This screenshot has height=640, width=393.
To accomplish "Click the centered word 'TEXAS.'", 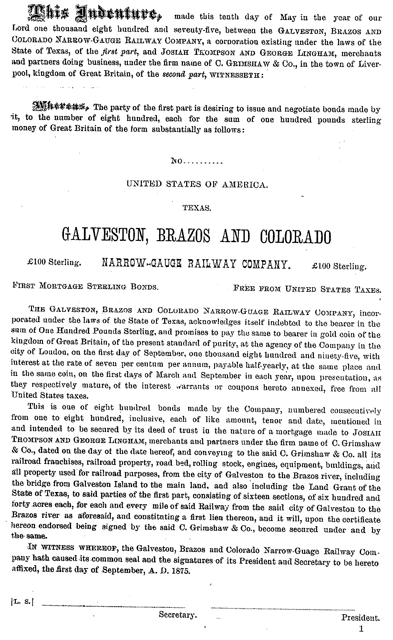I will point(197,208).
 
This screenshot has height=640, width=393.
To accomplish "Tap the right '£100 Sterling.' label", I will point(340,266).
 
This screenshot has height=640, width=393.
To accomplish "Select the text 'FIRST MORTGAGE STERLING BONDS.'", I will point(85,286).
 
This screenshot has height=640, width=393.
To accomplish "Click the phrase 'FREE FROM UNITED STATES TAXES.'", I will point(306,289).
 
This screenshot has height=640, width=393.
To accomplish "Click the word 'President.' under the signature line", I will point(361,618).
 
